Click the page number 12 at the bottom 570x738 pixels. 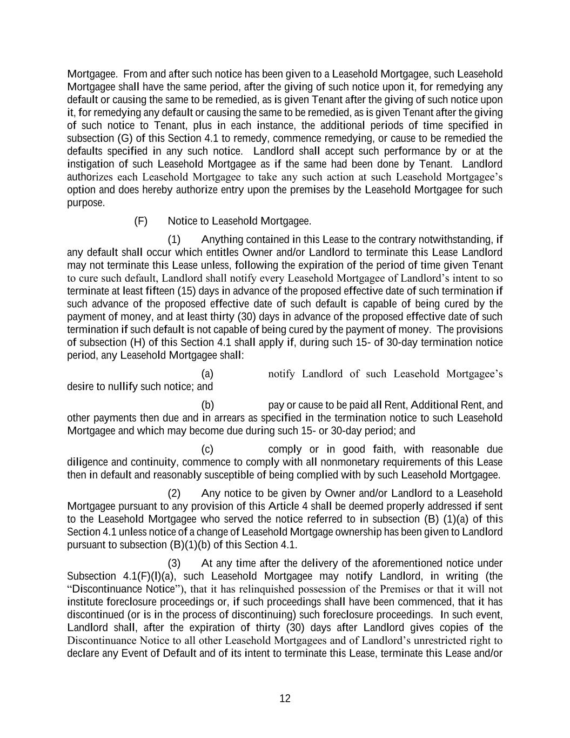[285, 699]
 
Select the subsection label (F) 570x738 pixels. [140, 221]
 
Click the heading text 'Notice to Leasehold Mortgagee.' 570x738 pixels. [239, 221]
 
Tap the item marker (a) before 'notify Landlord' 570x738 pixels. [207, 374]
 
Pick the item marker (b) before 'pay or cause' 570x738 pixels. [207, 405]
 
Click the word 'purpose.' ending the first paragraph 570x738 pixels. [86, 203]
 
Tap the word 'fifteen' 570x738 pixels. [159, 291]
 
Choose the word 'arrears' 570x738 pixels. [241, 418]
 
